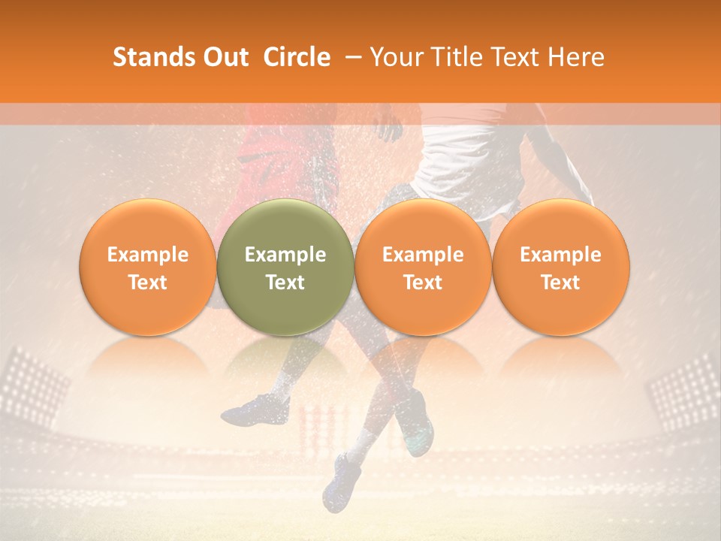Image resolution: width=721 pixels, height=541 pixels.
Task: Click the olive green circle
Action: point(285,267)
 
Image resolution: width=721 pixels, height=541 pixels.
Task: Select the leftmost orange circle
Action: point(147,267)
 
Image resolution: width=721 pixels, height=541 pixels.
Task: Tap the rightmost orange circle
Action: point(560,267)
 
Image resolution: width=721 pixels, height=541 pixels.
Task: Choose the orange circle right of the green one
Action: point(423,267)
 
